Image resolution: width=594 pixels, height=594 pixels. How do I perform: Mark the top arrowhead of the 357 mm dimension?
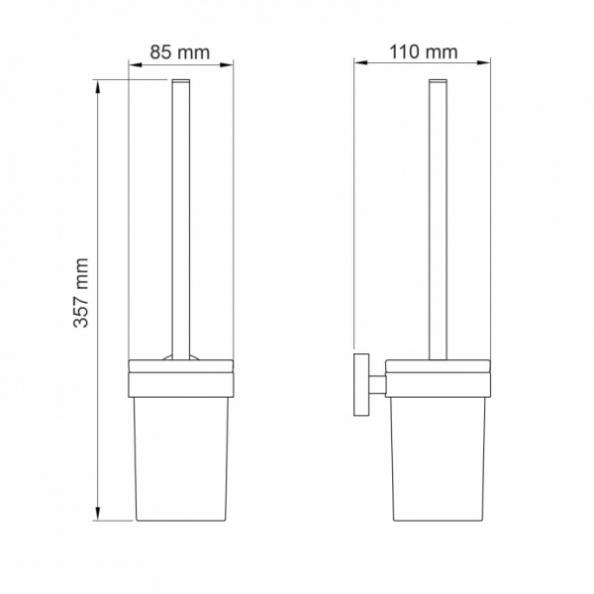click(x=98, y=86)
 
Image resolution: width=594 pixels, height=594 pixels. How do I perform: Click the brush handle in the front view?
click(x=180, y=218)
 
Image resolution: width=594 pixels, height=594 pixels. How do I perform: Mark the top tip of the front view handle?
click(x=180, y=79)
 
